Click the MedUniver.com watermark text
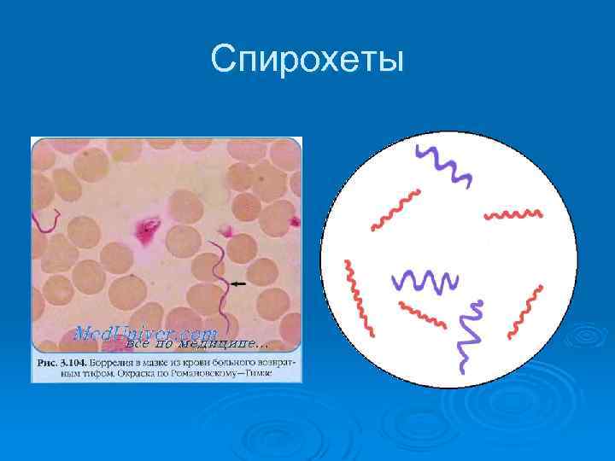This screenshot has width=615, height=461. pyautogui.click(x=146, y=330)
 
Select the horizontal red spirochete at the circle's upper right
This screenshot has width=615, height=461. pyautogui.click(x=512, y=213)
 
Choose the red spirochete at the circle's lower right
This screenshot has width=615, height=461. pyautogui.click(x=524, y=312)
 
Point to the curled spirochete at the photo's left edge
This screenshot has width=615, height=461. pyautogui.click(x=47, y=222)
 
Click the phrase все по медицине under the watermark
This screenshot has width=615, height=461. pyautogui.click(x=196, y=344)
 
